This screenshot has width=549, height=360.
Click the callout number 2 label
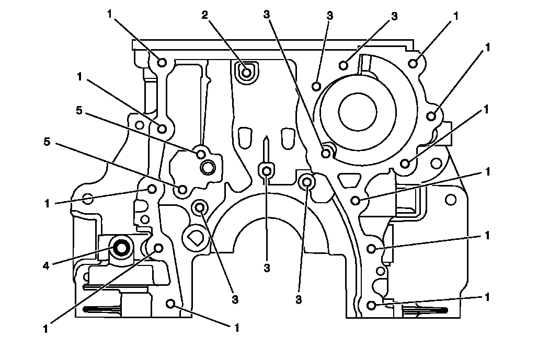point(204,15)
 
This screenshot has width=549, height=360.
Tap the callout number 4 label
point(46,266)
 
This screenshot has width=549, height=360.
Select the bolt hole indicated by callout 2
point(247,73)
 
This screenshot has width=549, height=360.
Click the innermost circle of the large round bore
point(358,112)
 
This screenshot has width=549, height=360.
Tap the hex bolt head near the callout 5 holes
point(208,167)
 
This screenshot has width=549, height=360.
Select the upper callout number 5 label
point(79,111)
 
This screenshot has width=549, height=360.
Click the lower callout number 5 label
point(47,142)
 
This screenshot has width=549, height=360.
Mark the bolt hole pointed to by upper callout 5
point(201,154)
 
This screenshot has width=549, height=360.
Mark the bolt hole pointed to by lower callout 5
point(182,190)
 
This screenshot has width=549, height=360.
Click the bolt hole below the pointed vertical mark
point(267,171)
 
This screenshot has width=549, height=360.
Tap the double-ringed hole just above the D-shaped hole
point(200,208)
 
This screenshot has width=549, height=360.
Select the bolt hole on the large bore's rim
point(326,153)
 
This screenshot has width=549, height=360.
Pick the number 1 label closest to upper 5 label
point(79,77)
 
